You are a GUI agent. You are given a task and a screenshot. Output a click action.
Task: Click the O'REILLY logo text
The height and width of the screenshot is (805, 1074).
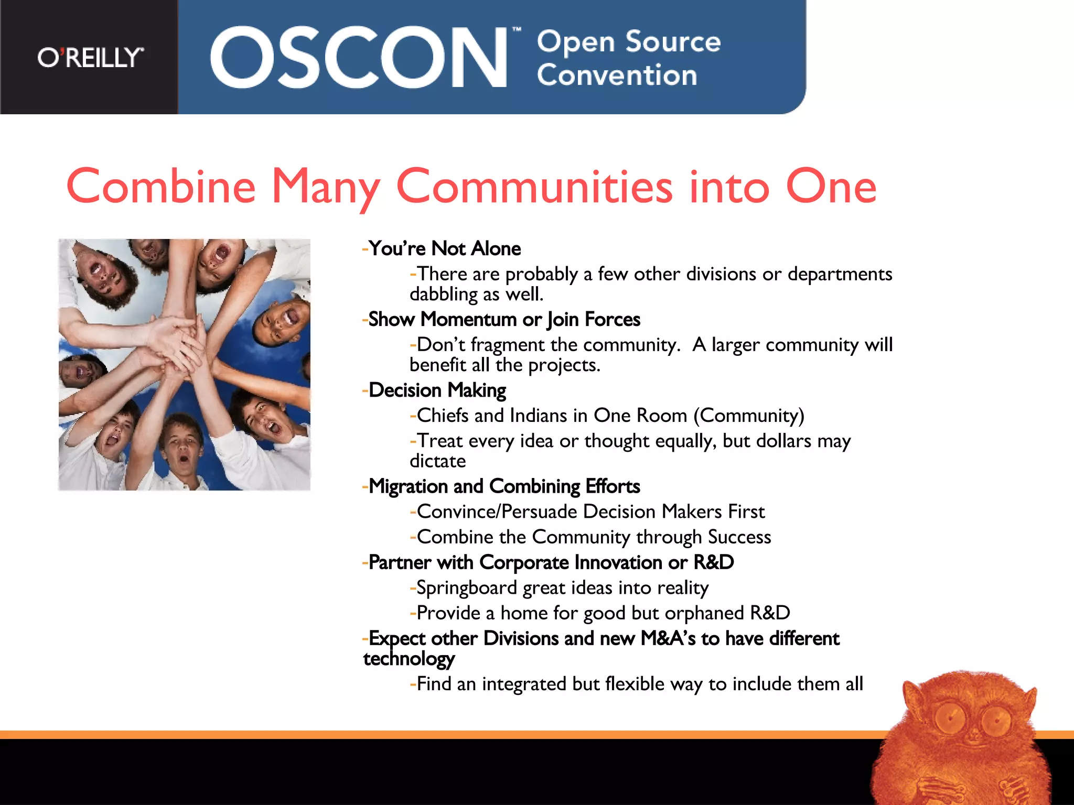click(90, 58)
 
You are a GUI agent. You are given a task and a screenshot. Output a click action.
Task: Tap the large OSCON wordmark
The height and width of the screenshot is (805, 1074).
click(358, 58)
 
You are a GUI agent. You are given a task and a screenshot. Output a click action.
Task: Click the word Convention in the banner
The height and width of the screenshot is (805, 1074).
click(617, 75)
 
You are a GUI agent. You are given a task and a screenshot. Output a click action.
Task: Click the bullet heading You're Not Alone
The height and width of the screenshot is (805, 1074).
click(444, 248)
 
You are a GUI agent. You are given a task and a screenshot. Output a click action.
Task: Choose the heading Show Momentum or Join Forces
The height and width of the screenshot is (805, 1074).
click(504, 319)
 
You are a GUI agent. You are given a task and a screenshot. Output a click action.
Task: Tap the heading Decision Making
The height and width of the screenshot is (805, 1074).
click(437, 390)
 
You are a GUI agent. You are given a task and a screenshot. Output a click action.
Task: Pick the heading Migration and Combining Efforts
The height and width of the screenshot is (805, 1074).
click(504, 486)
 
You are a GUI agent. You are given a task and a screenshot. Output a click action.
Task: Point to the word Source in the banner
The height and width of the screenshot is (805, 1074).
click(673, 42)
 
